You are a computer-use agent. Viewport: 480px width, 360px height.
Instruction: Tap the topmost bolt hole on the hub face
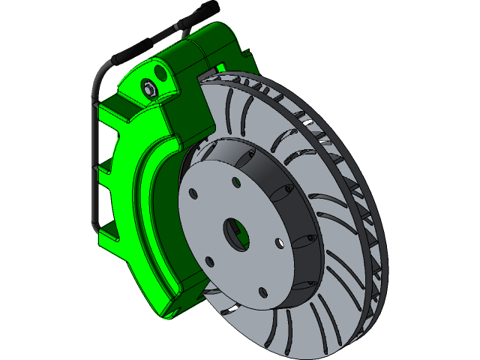235,182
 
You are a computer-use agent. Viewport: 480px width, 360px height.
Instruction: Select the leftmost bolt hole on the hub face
193,195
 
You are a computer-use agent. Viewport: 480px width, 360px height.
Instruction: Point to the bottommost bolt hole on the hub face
262,293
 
